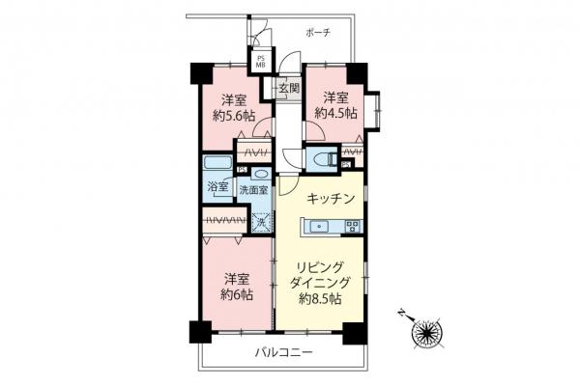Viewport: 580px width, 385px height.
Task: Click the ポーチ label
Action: click(x=319, y=32)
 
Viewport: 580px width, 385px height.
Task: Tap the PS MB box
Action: click(x=261, y=61)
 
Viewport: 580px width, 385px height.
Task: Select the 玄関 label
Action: click(x=288, y=89)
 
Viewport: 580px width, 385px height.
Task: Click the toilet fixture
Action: click(x=325, y=157)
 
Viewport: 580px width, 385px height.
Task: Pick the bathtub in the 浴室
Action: click(x=217, y=165)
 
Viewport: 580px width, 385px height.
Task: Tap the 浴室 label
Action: click(x=217, y=188)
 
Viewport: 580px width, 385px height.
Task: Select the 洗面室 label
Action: click(x=253, y=191)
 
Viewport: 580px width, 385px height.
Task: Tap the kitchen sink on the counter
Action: click(x=321, y=228)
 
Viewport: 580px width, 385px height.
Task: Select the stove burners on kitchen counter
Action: click(x=351, y=228)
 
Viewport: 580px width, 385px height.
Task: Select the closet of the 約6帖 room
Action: click(x=226, y=221)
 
